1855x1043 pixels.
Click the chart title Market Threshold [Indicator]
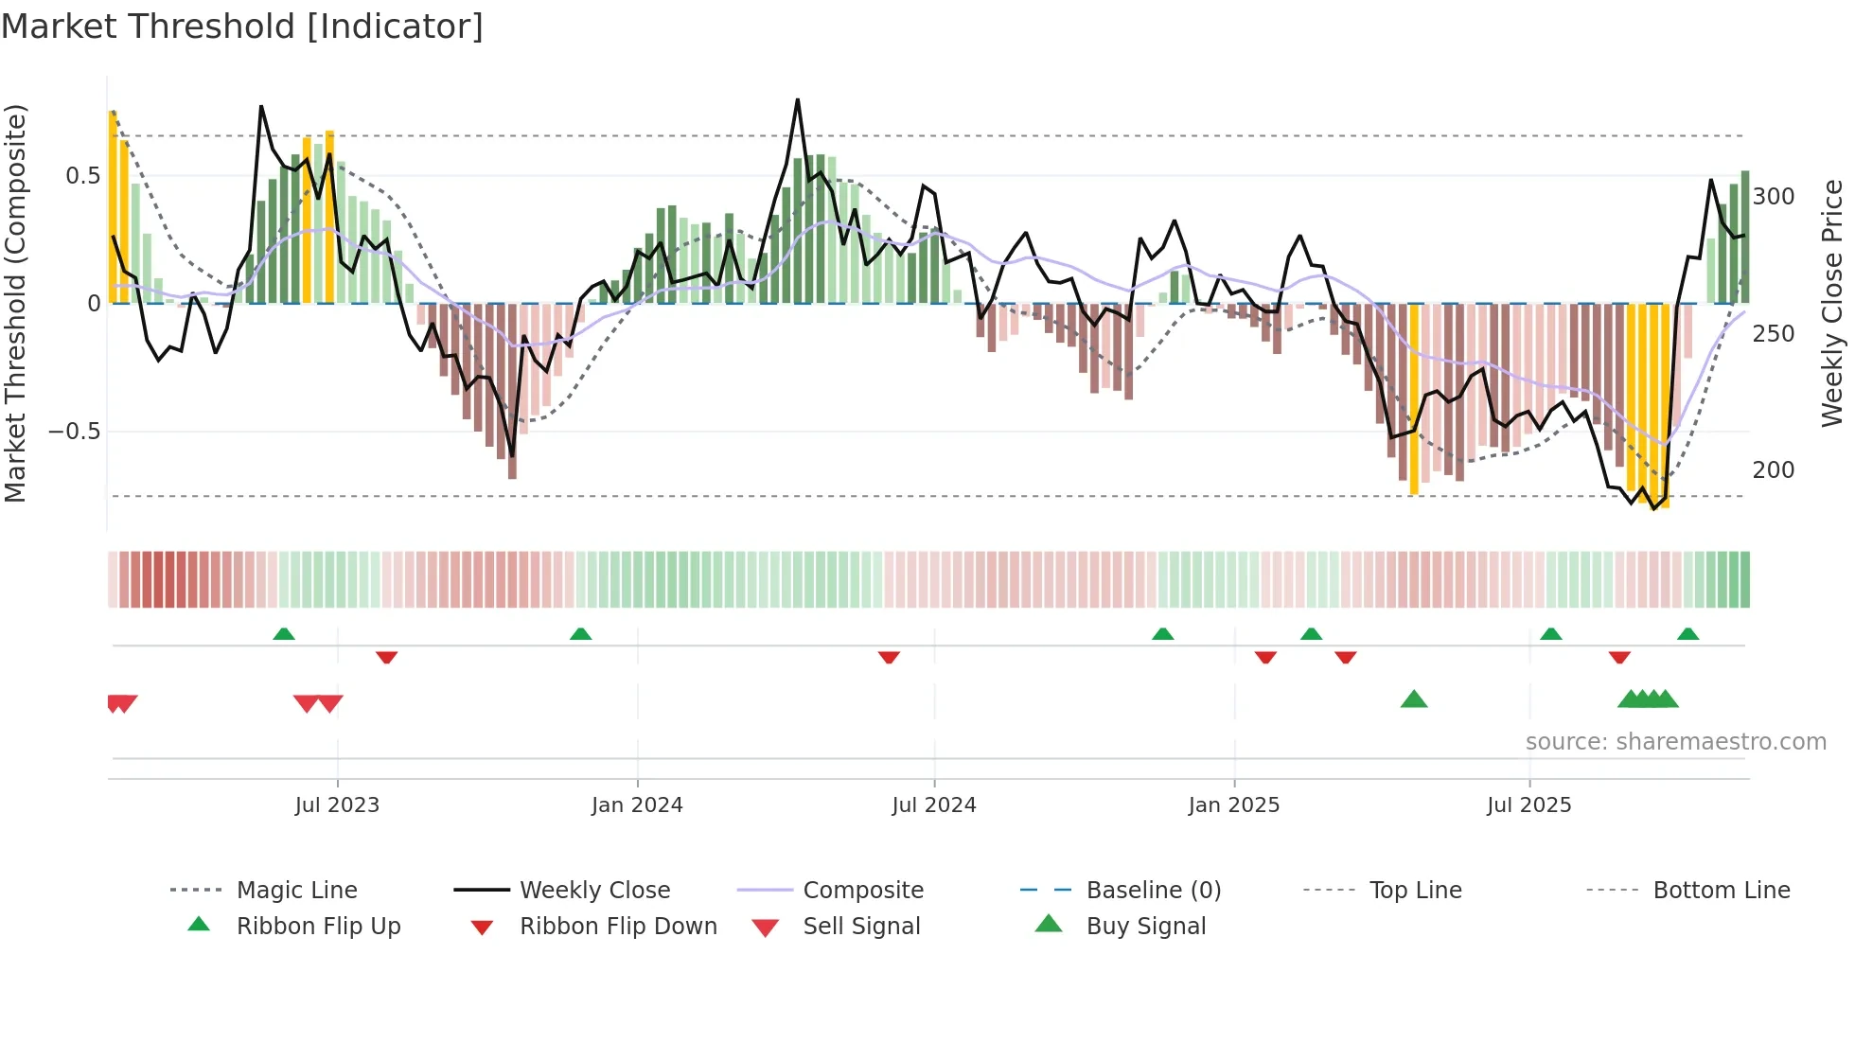242,27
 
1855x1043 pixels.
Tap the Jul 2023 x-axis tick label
337,805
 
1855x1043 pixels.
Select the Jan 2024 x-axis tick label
637,805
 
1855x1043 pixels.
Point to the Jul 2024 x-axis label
934,805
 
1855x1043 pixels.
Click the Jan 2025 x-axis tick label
1234,805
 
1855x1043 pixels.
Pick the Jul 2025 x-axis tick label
1529,805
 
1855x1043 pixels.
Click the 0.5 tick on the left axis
83,176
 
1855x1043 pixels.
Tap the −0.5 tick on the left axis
75,432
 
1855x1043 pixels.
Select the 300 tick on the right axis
1774,197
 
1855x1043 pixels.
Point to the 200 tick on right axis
1774,470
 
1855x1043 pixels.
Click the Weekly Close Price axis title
1832,303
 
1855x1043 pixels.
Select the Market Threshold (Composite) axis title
16,303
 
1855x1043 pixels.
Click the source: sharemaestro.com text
1675,742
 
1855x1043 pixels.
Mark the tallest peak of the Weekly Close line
798,100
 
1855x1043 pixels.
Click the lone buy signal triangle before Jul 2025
1414,699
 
